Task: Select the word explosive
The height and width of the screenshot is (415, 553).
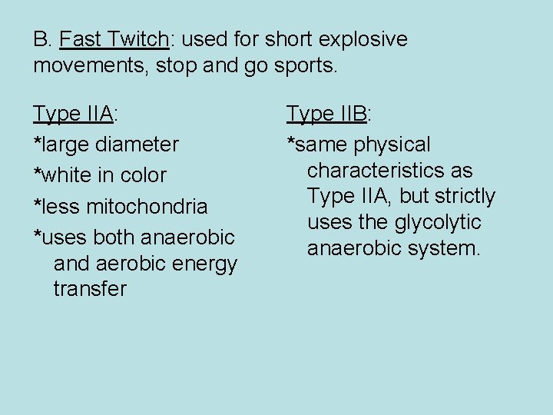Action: click(x=363, y=39)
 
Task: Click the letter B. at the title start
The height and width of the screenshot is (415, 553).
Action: click(x=42, y=39)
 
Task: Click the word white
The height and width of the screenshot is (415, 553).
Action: click(x=66, y=175)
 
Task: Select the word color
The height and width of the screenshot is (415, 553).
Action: click(x=141, y=175)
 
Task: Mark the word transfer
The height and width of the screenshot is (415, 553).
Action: click(x=90, y=290)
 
